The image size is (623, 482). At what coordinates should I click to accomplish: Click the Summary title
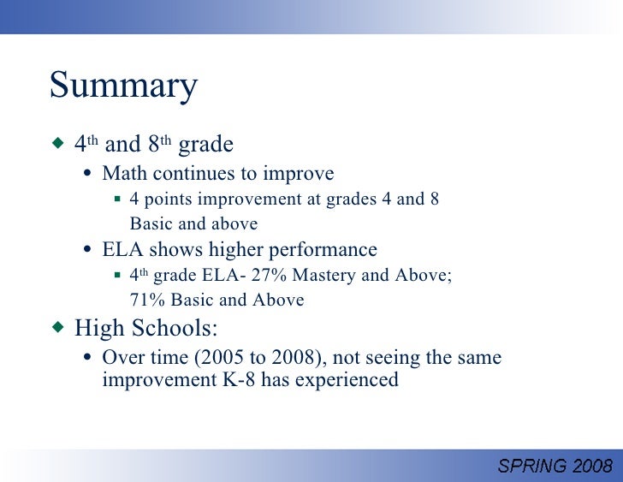123,86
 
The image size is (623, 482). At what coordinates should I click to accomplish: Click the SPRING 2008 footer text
555,466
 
